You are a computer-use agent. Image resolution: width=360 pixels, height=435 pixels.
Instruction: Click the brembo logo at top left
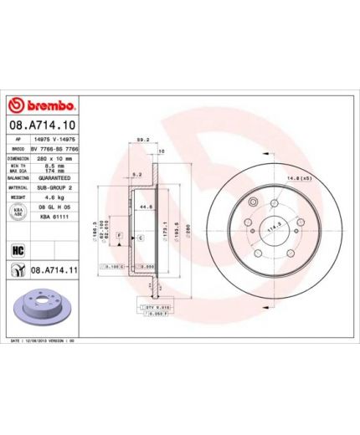coord(42,106)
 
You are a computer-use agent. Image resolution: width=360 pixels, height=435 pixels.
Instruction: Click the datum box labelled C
coord(141,239)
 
